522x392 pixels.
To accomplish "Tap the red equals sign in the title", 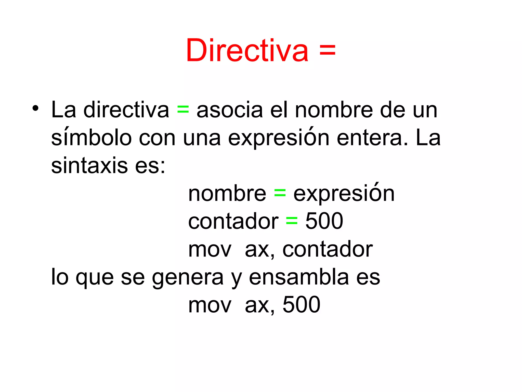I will click(327, 50).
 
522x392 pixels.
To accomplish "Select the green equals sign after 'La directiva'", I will click(183, 110).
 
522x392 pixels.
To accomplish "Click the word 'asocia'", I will click(230, 110).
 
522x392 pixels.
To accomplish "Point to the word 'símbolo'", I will click(92, 138).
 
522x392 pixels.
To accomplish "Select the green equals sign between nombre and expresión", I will click(280, 194).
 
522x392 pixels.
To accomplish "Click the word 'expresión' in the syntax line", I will click(344, 194).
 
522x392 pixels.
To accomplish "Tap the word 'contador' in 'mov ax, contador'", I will click(328, 249).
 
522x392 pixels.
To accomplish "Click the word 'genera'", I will click(188, 277).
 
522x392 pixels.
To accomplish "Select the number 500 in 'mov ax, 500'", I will click(301, 305).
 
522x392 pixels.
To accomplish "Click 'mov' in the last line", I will click(210, 305).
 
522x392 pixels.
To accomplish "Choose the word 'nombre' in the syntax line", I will click(227, 194).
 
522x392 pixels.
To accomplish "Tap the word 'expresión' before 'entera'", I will click(279, 138).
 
